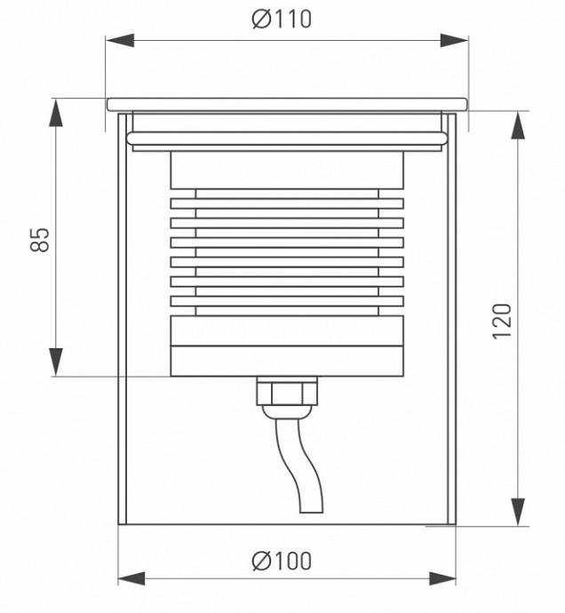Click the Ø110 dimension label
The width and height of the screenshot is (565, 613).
[x=282, y=19]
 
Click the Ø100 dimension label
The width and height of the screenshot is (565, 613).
[x=282, y=561]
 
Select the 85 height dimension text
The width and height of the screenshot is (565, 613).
[x=40, y=238]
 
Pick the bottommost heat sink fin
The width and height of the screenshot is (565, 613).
[x=286, y=302]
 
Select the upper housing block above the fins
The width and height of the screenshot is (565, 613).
[x=286, y=171]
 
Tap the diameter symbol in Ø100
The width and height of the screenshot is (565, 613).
[x=260, y=561]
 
